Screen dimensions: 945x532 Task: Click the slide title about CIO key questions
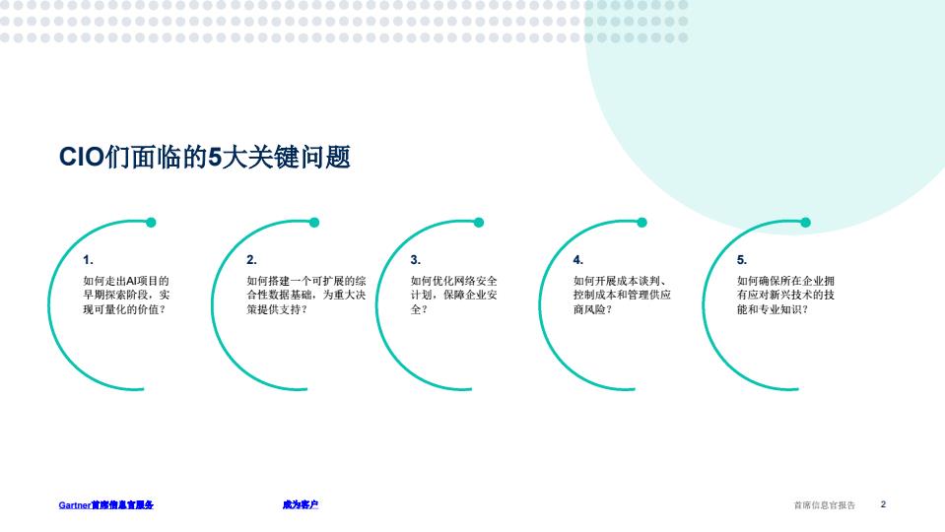(204, 158)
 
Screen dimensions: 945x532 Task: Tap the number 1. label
(88, 260)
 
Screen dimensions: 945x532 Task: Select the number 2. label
(251, 260)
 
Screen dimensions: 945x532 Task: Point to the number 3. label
(415, 260)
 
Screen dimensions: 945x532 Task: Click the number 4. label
(578, 260)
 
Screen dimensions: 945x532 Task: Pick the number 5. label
(742, 260)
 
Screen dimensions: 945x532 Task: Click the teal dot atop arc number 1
(152, 223)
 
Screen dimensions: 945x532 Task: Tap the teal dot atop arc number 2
(314, 223)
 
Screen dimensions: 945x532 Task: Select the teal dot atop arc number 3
(479, 223)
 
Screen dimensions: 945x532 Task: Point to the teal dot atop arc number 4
(641, 223)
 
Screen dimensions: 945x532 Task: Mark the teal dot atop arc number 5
(805, 223)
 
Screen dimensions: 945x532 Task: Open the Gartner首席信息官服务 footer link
(106, 504)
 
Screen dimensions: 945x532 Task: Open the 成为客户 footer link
(301, 504)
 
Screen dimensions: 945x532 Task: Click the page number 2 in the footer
(883, 504)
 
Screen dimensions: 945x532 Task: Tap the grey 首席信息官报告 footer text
(825, 504)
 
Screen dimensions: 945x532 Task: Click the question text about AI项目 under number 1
(126, 295)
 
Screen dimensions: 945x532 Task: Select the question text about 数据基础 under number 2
(306, 295)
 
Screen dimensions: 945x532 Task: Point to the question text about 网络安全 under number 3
(454, 295)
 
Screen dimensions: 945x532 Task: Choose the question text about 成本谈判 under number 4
(622, 295)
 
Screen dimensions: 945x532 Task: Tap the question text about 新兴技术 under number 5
(786, 295)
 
